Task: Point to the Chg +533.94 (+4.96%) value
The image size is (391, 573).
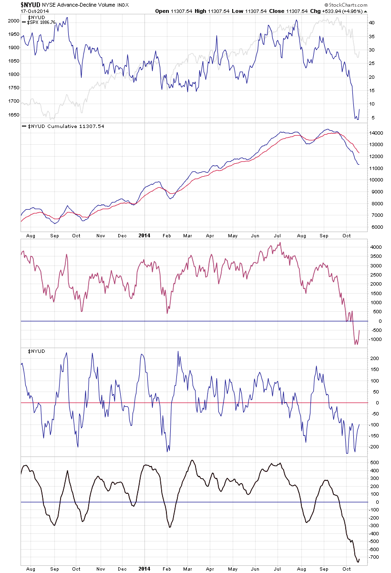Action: coord(341,11)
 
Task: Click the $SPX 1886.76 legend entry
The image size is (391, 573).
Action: coord(42,22)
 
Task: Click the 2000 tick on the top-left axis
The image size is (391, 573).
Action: coord(13,21)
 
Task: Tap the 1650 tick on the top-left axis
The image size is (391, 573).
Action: coord(13,115)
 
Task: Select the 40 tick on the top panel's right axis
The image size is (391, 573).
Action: coord(372,22)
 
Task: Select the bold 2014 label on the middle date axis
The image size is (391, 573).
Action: coord(144,235)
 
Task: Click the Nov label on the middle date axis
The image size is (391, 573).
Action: coord(100,235)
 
